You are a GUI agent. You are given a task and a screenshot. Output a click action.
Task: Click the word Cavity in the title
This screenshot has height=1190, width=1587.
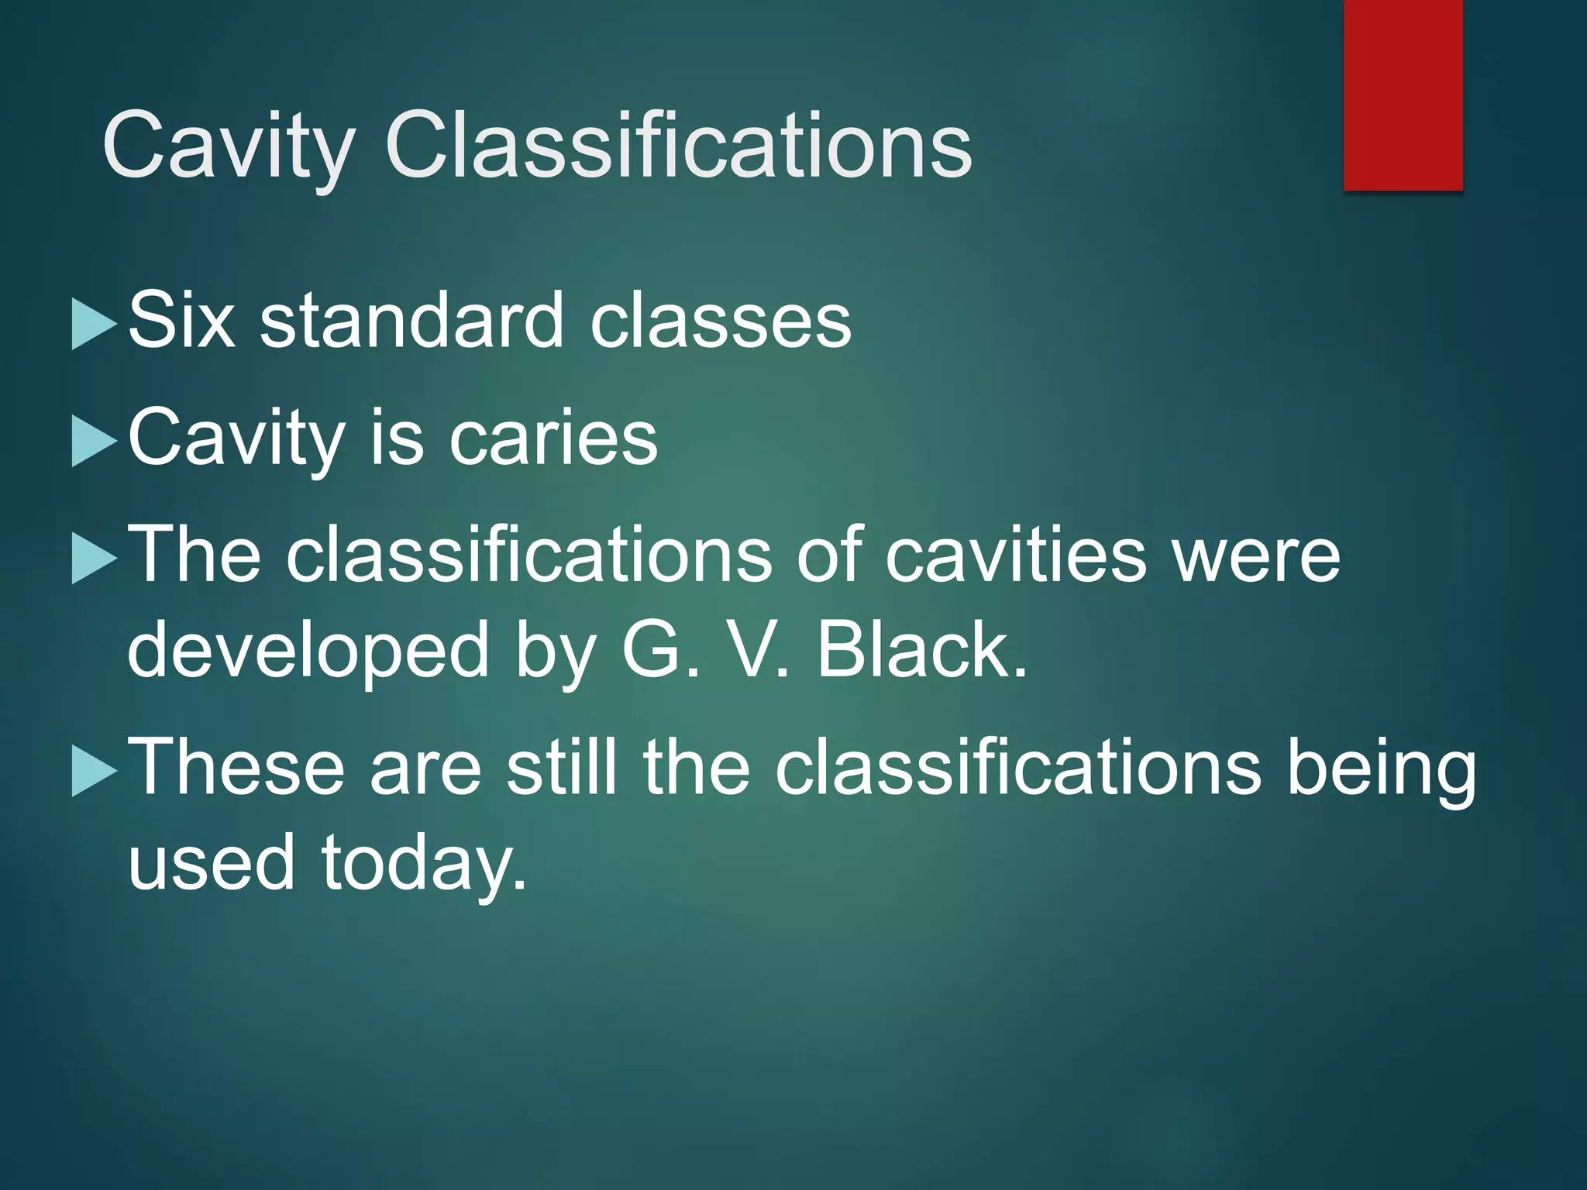click(229, 146)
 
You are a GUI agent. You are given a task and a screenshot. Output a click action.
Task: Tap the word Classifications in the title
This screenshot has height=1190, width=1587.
click(678, 146)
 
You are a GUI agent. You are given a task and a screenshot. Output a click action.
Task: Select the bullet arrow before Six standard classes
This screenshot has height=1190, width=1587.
click(93, 325)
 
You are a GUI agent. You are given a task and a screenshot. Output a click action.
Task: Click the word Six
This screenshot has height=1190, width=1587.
click(181, 320)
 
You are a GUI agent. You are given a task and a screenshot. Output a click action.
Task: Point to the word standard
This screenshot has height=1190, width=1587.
click(411, 320)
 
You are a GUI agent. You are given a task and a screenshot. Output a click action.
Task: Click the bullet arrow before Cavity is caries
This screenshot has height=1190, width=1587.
click(93, 442)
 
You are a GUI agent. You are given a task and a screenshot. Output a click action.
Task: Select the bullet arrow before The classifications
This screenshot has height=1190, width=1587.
click(93, 559)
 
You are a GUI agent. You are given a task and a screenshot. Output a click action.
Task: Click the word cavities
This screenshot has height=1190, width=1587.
click(1015, 555)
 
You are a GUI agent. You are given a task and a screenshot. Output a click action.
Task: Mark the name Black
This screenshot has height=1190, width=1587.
click(922, 649)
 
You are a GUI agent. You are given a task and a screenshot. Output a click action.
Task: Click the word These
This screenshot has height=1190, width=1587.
click(236, 767)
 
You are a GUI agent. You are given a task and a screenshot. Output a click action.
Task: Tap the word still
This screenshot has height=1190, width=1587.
click(562, 767)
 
